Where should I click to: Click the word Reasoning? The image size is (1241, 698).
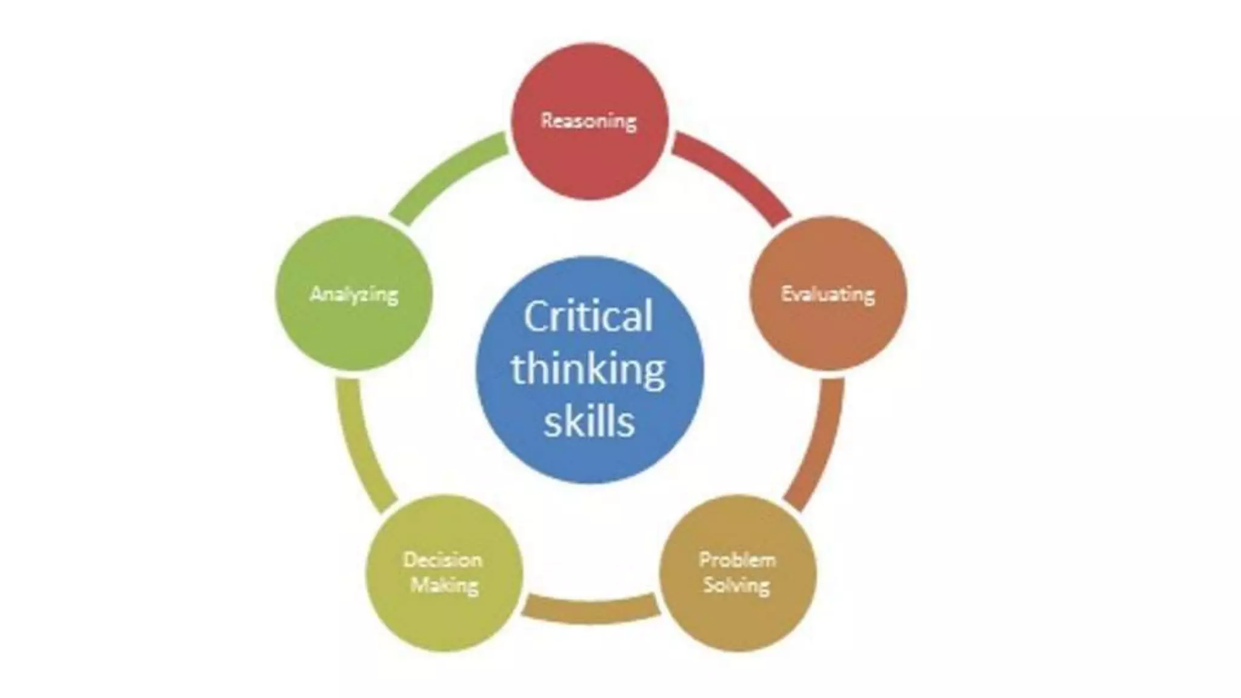click(588, 121)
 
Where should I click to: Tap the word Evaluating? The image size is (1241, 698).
click(828, 295)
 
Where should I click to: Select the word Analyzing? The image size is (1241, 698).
click(354, 295)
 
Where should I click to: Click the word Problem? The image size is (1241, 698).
click(737, 559)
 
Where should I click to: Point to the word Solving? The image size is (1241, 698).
click(737, 586)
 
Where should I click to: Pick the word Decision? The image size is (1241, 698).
click(443, 559)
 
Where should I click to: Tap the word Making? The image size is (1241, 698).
click(444, 586)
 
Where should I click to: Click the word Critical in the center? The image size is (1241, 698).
click(588, 316)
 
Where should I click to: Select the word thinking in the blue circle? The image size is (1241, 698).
click(588, 370)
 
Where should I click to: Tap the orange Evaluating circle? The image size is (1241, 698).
click(828, 333)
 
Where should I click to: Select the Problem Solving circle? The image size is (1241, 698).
click(737, 618)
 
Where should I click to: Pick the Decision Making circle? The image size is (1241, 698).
click(444, 618)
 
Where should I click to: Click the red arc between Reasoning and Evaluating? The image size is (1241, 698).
click(736, 173)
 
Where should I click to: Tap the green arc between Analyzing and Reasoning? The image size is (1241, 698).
click(442, 173)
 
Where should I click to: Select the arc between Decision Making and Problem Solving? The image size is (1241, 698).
click(591, 609)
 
